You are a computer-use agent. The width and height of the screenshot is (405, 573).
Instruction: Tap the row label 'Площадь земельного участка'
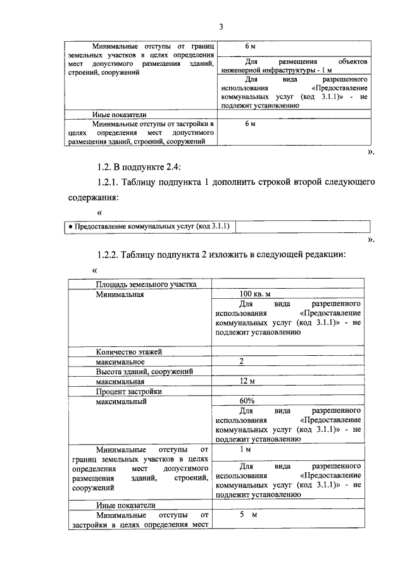146,284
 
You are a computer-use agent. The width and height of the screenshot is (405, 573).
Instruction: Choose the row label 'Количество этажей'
129,351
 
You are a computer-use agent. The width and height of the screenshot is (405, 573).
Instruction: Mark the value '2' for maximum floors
242,361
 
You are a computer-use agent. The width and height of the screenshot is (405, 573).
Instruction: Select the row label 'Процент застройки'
129,392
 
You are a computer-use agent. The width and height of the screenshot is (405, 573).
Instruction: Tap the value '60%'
247,401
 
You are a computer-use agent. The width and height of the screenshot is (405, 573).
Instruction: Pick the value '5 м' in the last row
247,515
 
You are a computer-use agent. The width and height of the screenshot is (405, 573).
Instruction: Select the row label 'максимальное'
121,362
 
